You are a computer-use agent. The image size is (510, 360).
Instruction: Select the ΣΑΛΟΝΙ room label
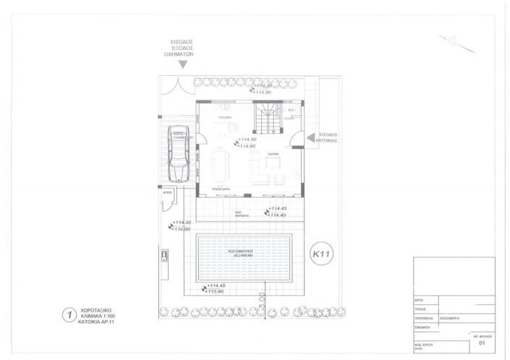click(x=273, y=155)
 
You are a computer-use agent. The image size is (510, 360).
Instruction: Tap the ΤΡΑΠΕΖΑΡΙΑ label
click(x=221, y=189)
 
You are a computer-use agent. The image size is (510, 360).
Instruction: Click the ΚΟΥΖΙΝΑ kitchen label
click(x=224, y=116)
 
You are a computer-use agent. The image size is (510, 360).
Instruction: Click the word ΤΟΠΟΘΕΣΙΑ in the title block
click(x=425, y=317)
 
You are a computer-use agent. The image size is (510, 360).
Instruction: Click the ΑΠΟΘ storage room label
click(x=166, y=194)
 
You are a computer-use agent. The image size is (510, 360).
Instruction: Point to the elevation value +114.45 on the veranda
click(x=278, y=209)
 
